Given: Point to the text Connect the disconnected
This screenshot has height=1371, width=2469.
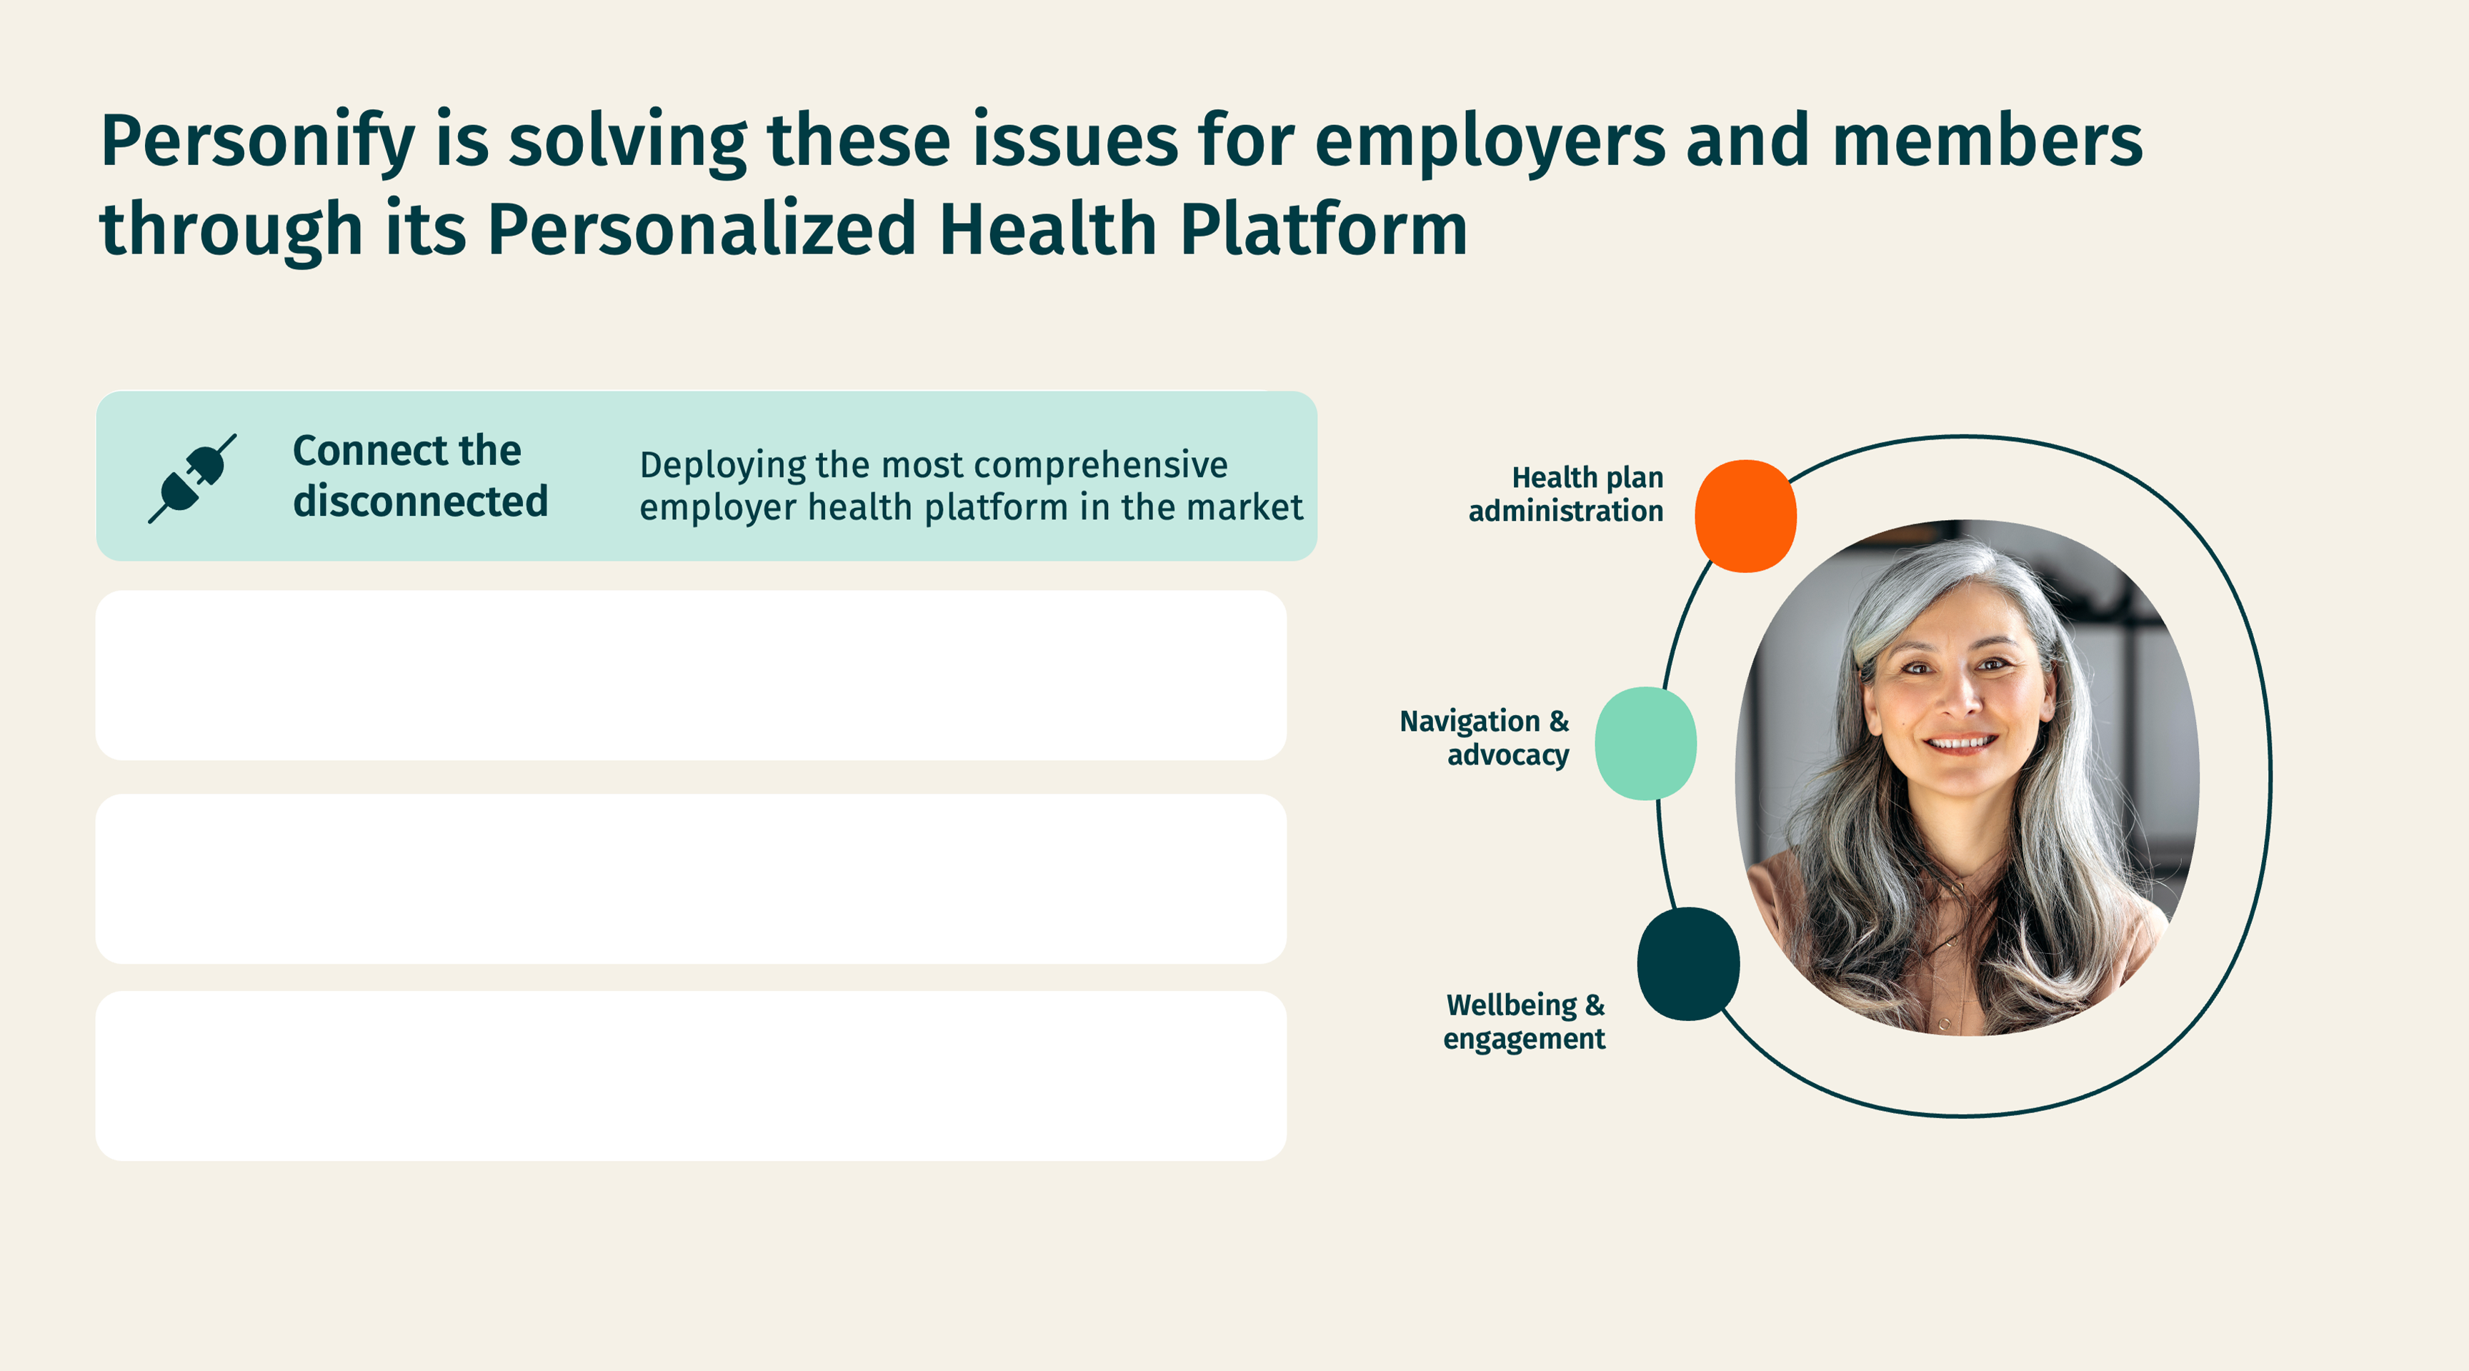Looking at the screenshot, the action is pos(420,476).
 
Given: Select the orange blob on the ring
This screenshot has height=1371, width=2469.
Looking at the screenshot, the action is pos(1745,516).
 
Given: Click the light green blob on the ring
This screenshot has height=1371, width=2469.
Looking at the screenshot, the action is pos(1646,743).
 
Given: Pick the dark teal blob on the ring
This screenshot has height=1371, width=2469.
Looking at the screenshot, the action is pos(1688,964).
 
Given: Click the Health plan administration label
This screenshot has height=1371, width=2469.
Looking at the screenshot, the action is pos(1565,494).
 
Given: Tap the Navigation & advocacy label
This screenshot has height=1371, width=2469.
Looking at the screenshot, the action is pos(1484,737).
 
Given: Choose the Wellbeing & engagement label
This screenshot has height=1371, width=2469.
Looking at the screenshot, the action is pos(1524,1021).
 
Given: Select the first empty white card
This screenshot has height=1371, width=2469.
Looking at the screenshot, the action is pos(691,676).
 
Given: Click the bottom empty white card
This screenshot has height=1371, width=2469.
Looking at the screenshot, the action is pos(691,1077).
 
